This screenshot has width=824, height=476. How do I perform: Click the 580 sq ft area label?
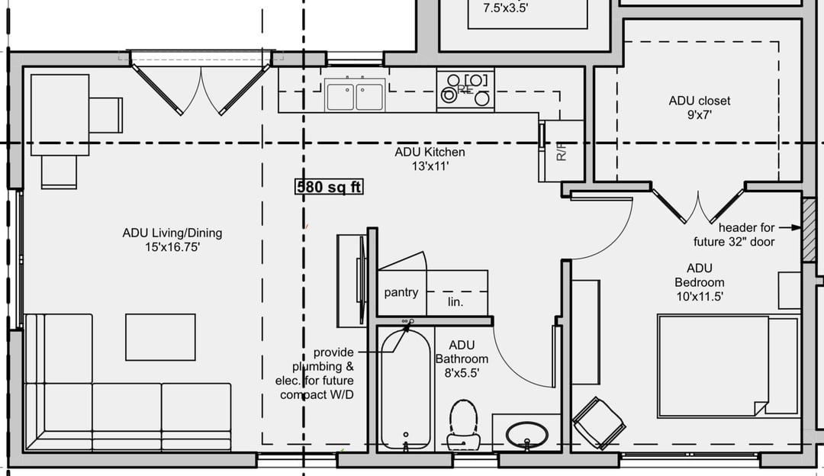(x=329, y=187)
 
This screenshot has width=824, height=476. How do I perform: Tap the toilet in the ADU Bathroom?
(x=463, y=423)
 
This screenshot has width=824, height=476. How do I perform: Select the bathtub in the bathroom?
(x=406, y=389)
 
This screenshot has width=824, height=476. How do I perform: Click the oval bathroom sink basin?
(x=526, y=435)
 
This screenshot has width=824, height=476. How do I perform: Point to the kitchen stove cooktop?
(x=465, y=88)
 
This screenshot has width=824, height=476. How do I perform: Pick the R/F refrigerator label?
(x=562, y=151)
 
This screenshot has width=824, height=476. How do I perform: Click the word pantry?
(x=401, y=293)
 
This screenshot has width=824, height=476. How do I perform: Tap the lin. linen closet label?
(x=455, y=302)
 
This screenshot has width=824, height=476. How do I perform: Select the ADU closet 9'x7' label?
(x=700, y=108)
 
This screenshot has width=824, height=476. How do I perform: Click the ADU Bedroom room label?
(x=700, y=283)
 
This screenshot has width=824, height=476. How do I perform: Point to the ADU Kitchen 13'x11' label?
(x=430, y=159)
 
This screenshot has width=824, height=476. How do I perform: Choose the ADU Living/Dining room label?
(x=172, y=240)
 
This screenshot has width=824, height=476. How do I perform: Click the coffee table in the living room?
(x=160, y=337)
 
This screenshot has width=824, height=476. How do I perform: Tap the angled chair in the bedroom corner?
(x=599, y=423)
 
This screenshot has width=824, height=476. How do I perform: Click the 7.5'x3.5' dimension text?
(x=506, y=8)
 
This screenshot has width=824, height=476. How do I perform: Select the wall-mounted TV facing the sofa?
(x=361, y=280)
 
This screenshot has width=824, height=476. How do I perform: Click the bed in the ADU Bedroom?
(x=729, y=366)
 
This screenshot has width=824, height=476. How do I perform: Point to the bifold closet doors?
(x=698, y=205)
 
